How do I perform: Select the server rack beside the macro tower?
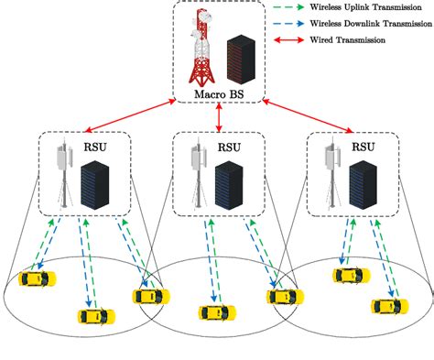(x=240, y=58)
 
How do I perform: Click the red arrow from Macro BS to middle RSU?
(x=219, y=116)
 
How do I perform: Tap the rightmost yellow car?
(x=385, y=305)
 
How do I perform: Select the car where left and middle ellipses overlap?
(x=150, y=296)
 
